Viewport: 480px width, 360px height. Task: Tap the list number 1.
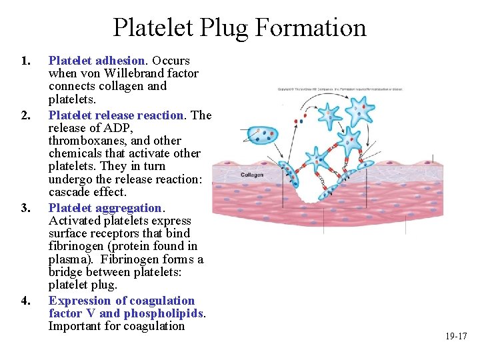pyautogui.click(x=25, y=61)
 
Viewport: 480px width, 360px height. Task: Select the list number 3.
pyautogui.click(x=25, y=209)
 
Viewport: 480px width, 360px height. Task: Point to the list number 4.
pyautogui.click(x=25, y=301)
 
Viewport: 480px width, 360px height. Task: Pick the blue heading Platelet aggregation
pyautogui.click(x=105, y=209)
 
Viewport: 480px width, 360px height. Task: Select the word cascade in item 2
pyautogui.click(x=69, y=193)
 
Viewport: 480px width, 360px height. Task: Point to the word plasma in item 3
pyautogui.click(x=67, y=259)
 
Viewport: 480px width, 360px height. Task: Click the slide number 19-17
pyautogui.click(x=456, y=337)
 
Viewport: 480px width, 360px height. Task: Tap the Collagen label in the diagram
pyautogui.click(x=252, y=175)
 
